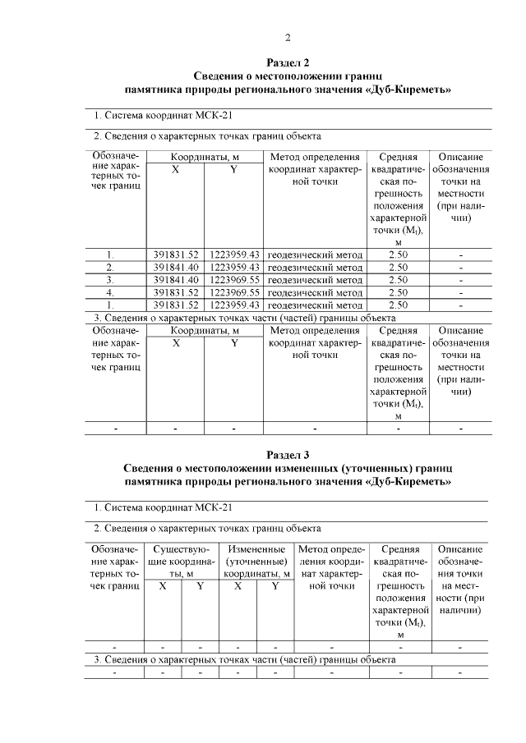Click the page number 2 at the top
click(x=288, y=37)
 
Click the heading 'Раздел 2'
click(x=288, y=62)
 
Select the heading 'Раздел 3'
click(x=288, y=454)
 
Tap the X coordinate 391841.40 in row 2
click(x=176, y=268)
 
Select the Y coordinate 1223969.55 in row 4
click(x=234, y=292)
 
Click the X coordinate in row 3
click(x=176, y=280)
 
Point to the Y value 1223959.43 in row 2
click(x=234, y=268)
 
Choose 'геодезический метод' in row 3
click(x=315, y=280)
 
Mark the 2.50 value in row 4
click(x=398, y=292)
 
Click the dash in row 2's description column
click(x=460, y=268)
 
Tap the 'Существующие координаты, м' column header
click(x=181, y=562)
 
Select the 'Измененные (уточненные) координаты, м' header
click(x=256, y=562)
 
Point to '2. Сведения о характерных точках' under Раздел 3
click(x=173, y=528)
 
